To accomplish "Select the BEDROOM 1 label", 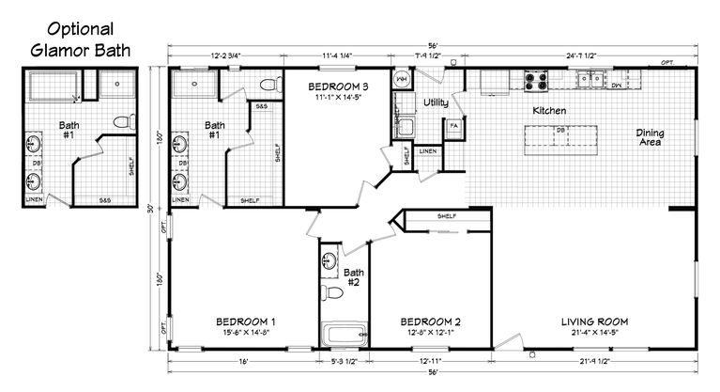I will point(243,321).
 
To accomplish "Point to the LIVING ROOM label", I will point(594,321).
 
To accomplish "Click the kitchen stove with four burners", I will point(536,82).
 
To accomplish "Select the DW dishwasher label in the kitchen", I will point(616,86).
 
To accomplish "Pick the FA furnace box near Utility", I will point(453,125).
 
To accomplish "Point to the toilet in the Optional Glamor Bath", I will point(119,120).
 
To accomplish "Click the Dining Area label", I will point(649,137).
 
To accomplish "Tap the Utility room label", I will point(435,102).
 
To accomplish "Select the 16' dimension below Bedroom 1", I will point(243,360).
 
